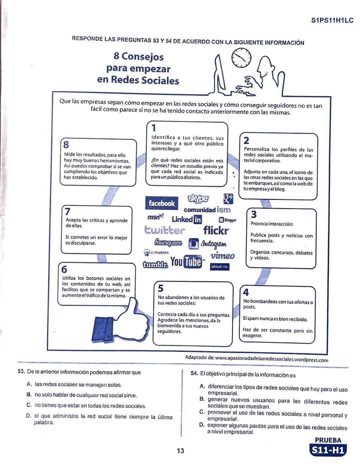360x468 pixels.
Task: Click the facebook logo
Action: pyautogui.click(x=161, y=203)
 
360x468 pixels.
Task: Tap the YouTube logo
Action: pyautogui.click(x=186, y=262)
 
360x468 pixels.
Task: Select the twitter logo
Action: pyautogui.click(x=164, y=230)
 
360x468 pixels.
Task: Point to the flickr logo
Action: pyautogui.click(x=216, y=230)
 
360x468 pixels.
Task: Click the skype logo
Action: pyautogui.click(x=198, y=198)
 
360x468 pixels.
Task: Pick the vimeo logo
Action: pyautogui.click(x=222, y=256)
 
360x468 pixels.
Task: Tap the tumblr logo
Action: pyautogui.click(x=155, y=265)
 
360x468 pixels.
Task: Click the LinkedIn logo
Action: pyautogui.click(x=187, y=219)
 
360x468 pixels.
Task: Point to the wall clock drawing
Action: pyautogui.click(x=241, y=57)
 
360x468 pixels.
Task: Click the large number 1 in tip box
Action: pyautogui.click(x=154, y=128)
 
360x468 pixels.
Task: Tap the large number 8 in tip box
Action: pyautogui.click(x=66, y=145)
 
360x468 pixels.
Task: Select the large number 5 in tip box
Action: pyautogui.click(x=161, y=288)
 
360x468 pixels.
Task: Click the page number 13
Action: pyautogui.click(x=180, y=451)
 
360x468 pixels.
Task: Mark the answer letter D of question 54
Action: pyautogui.click(x=202, y=425)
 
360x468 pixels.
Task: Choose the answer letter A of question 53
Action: pyautogui.click(x=29, y=384)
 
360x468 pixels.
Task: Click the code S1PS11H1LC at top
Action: pyautogui.click(x=332, y=20)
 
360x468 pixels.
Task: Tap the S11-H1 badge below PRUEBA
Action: pyautogui.click(x=328, y=450)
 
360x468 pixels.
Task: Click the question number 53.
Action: pyautogui.click(x=21, y=372)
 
